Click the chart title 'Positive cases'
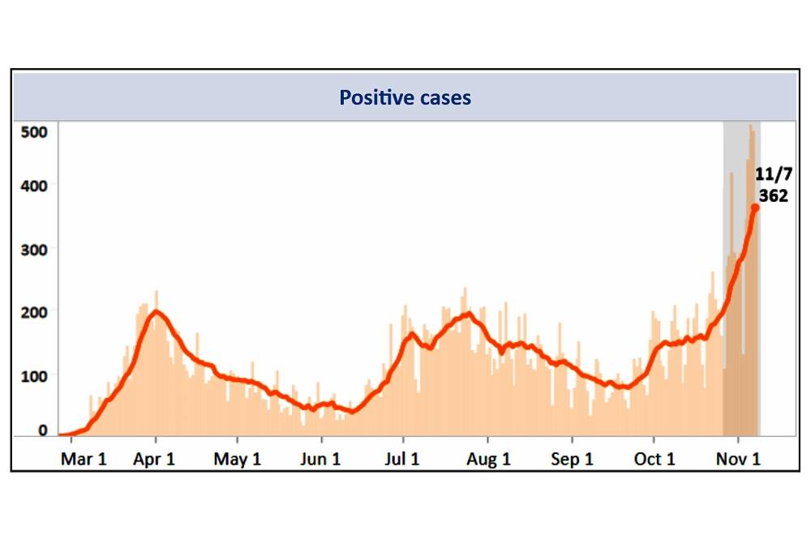click(x=405, y=98)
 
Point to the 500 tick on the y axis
click(x=36, y=131)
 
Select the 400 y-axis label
click(x=36, y=186)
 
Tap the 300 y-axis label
click(x=36, y=250)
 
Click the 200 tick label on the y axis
click(x=36, y=313)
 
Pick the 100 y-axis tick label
click(x=36, y=376)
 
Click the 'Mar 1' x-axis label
click(x=84, y=459)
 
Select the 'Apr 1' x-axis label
click(x=155, y=459)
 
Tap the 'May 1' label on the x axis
click(x=238, y=459)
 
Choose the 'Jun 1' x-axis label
click(x=320, y=459)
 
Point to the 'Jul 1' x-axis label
click(x=401, y=459)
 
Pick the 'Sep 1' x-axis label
click(x=572, y=459)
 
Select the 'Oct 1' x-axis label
click(x=654, y=459)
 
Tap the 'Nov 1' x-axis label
click(x=740, y=459)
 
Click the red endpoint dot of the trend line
click(x=755, y=208)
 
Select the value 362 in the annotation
click(x=773, y=195)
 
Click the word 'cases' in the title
click(x=441, y=98)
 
